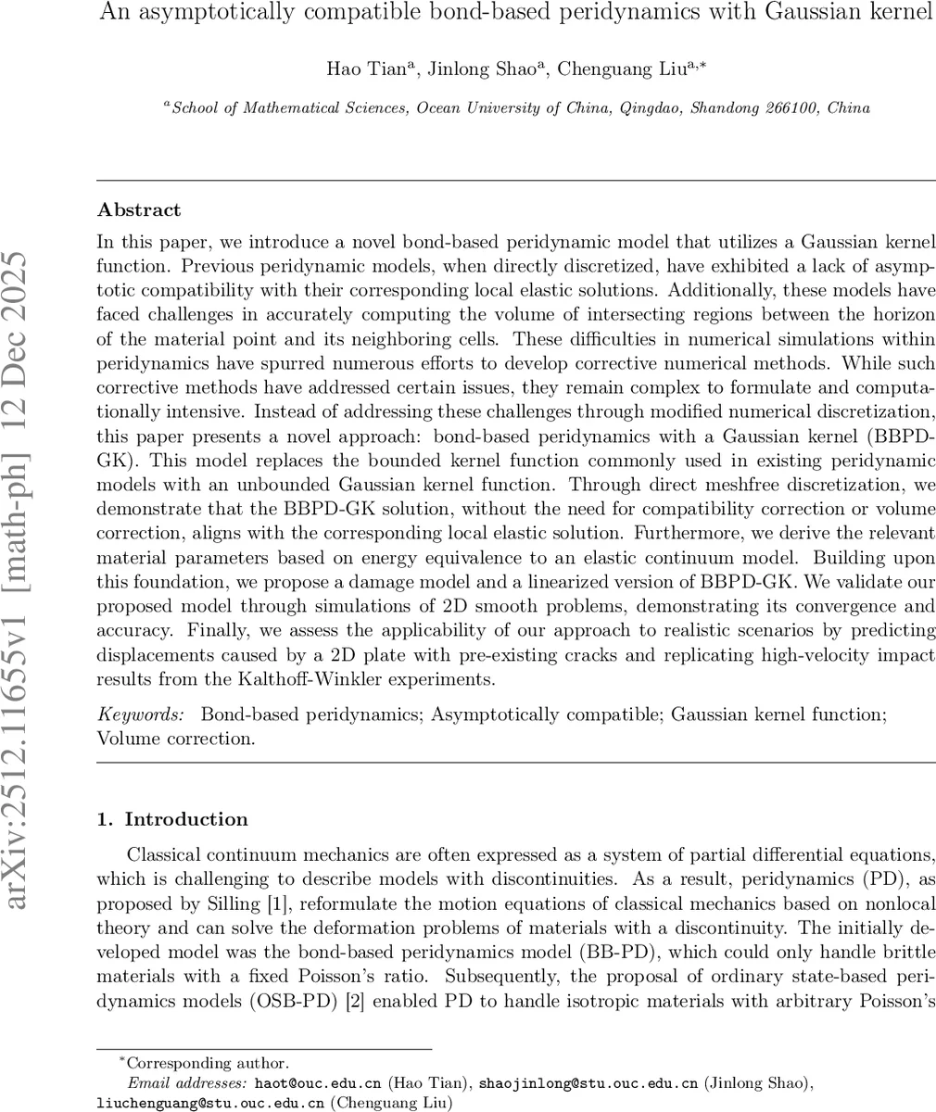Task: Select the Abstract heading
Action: [139, 209]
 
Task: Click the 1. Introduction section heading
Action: [172, 819]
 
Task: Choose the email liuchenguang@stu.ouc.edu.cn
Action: [210, 1103]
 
